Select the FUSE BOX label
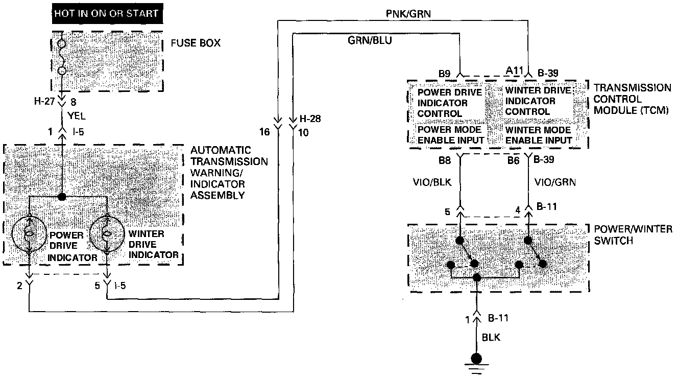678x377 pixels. point(196,43)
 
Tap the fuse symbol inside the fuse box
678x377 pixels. point(62,58)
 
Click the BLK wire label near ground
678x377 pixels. point(491,338)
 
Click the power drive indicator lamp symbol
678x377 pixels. point(29,235)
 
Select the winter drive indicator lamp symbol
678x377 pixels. point(107,235)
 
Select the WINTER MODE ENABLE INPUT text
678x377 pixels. point(538,135)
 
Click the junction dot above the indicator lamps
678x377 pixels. point(62,197)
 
